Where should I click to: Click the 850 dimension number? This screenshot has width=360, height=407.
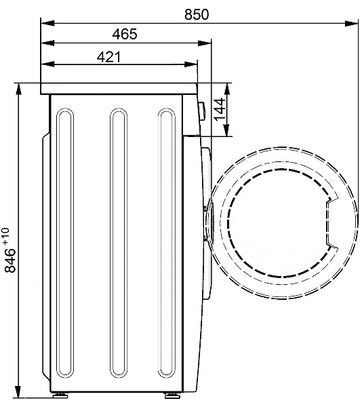pos(197,14)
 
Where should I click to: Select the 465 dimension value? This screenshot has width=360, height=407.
pos(125,35)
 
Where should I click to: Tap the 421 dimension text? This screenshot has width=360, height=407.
pos(108,57)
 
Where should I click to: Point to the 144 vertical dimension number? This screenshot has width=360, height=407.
pos(219,109)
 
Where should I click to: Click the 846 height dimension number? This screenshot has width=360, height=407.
pos(10,260)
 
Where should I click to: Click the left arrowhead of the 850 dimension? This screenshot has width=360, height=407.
pos(47,23)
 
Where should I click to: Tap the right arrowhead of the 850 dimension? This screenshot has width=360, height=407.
pos(351,23)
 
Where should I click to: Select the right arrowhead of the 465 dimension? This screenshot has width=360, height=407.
pos(204,43)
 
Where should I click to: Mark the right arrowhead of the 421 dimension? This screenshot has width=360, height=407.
pos(191,64)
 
